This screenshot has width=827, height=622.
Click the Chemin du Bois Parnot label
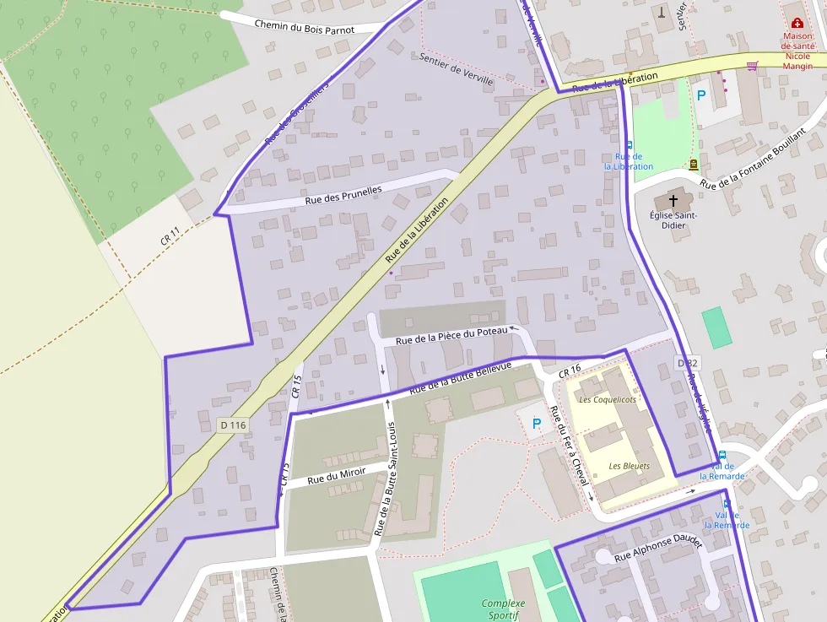click(x=304, y=26)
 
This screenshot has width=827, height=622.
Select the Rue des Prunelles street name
click(x=343, y=195)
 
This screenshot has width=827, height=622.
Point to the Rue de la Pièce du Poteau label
click(x=451, y=335)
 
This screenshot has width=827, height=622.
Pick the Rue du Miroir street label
click(x=336, y=475)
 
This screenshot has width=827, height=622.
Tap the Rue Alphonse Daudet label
click(x=658, y=550)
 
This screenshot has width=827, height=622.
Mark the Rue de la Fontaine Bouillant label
click(x=753, y=160)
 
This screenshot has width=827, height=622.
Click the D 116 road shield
click(x=233, y=425)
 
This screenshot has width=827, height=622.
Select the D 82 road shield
click(x=686, y=363)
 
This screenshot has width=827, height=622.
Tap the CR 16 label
click(x=570, y=371)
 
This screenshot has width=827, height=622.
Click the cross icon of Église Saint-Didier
click(x=673, y=201)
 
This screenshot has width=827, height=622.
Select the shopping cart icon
click(x=752, y=65)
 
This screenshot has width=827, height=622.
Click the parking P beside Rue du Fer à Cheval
click(x=536, y=424)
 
